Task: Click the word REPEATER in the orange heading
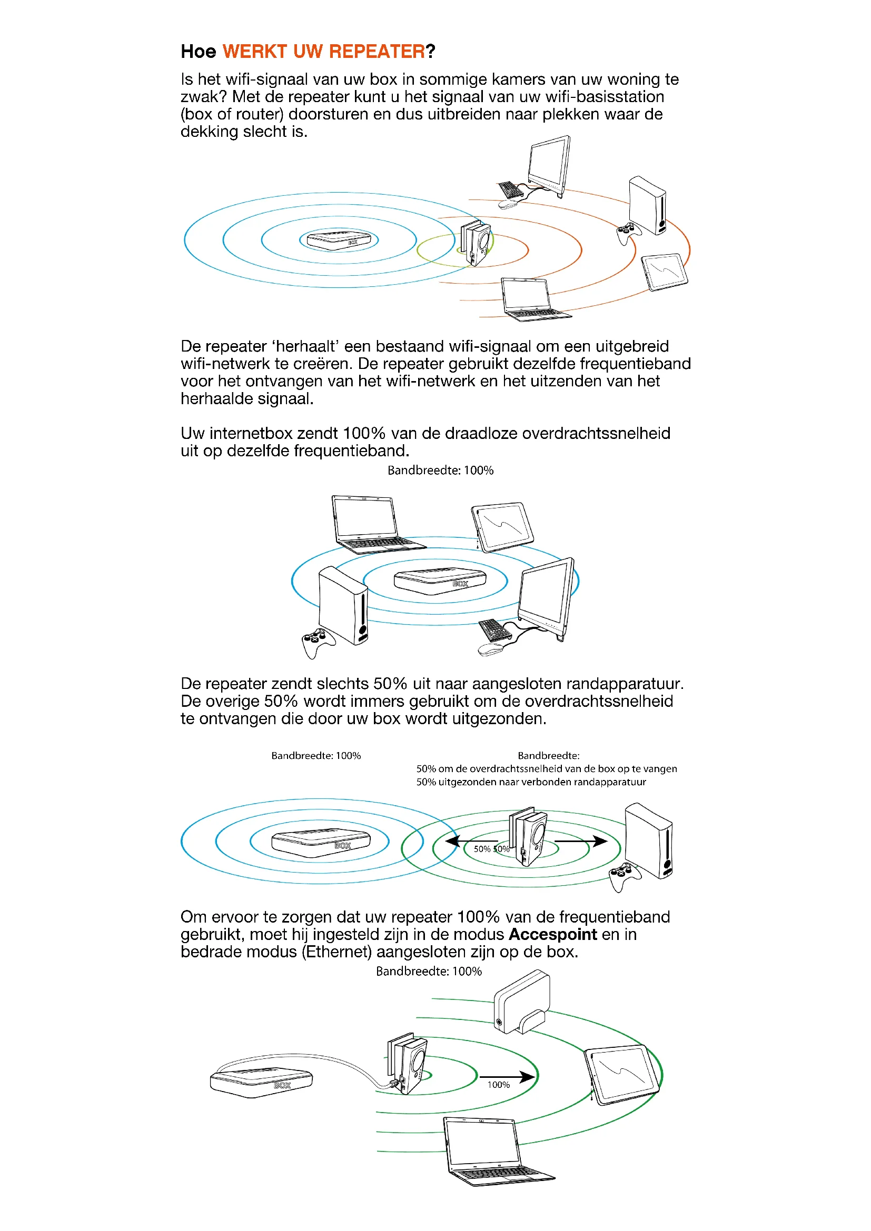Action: tap(377, 52)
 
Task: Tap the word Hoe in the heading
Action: tap(198, 52)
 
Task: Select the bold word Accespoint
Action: tap(552, 935)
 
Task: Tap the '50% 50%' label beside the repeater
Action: tap(491, 849)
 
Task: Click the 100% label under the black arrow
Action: tap(498, 1085)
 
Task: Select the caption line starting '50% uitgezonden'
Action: tap(531, 782)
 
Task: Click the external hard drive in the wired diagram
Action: tap(521, 1002)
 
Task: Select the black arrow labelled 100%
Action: tap(507, 1076)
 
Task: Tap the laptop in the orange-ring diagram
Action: tap(531, 299)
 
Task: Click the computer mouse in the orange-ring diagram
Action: tap(507, 204)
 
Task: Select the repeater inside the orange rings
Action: tap(476, 242)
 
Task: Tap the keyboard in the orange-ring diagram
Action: tap(510, 189)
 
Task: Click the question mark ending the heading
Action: tap(430, 52)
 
